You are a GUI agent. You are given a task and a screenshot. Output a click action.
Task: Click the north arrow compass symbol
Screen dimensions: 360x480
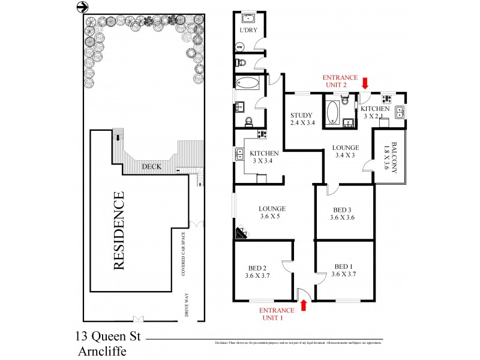pos(83,7)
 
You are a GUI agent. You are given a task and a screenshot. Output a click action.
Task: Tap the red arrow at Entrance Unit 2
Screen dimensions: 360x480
pos(365,81)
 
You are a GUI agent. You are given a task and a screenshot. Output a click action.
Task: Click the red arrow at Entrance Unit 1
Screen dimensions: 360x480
pos(303,305)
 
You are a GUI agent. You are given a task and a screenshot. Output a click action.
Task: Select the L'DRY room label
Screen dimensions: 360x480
pos(248,30)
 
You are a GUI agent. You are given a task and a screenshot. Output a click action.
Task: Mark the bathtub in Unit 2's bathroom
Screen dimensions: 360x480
pos(332,112)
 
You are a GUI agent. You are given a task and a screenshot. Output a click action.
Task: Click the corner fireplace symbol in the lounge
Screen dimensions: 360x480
pos(241,233)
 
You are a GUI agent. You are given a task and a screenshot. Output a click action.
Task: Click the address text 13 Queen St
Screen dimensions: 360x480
pos(108,337)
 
